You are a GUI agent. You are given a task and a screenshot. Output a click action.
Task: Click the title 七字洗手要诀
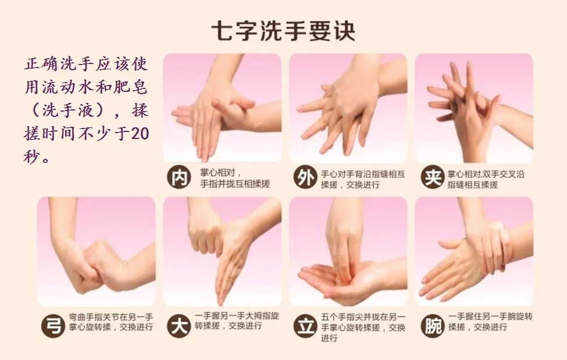[x=283, y=31]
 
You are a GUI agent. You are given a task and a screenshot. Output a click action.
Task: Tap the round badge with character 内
[x=179, y=177]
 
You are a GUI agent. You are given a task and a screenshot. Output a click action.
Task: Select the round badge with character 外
[x=305, y=177]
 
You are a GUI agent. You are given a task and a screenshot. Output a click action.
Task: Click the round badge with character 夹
[x=433, y=177]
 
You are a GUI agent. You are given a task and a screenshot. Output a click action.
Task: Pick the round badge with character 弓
[x=53, y=326]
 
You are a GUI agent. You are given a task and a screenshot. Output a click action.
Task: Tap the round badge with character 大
[x=179, y=326]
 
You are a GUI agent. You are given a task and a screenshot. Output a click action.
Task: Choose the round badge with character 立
[x=305, y=326]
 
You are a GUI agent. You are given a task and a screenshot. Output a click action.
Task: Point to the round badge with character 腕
[x=433, y=326]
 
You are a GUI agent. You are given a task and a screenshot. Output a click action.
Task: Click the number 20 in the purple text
[x=140, y=134]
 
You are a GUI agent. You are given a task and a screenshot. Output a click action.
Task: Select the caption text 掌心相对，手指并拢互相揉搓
[x=235, y=179]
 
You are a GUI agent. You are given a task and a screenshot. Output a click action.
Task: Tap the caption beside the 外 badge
[x=363, y=180]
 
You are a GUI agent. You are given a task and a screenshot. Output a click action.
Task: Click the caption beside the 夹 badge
[x=486, y=180]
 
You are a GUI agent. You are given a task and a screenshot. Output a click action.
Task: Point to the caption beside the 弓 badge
[x=112, y=322]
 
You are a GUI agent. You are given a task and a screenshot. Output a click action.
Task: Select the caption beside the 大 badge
[x=237, y=321]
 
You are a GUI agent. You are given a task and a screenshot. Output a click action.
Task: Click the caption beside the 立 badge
[x=363, y=327]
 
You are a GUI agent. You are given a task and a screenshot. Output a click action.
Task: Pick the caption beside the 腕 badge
[x=490, y=322]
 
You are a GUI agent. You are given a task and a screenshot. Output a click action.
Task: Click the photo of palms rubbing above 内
[x=222, y=108]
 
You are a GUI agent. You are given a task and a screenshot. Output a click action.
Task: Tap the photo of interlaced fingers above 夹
[x=474, y=108]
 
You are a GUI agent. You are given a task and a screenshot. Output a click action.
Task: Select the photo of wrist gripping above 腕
[x=474, y=251]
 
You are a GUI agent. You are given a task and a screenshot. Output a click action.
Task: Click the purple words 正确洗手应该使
[x=87, y=64]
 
